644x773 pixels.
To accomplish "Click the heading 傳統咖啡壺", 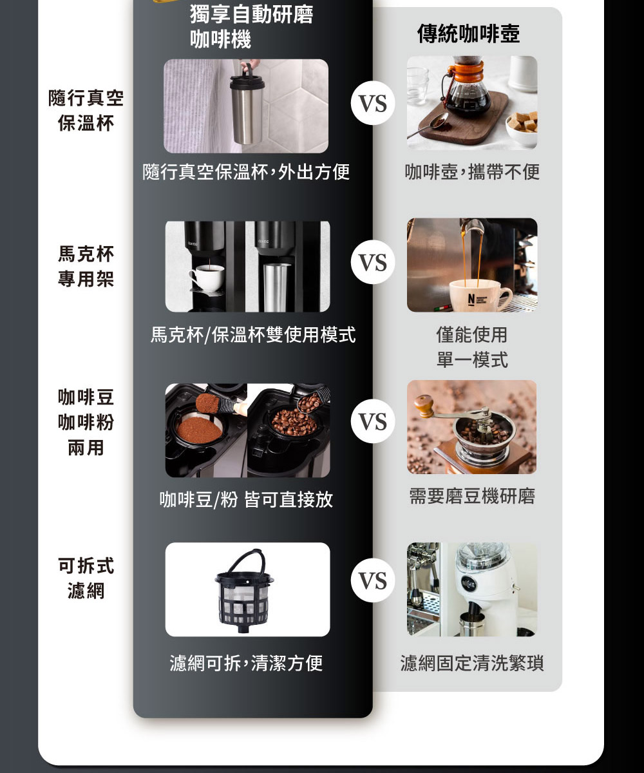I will [x=468, y=33].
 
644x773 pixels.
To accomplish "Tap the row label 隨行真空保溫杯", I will [x=86, y=111].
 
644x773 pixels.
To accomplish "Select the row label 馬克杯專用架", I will [x=86, y=267].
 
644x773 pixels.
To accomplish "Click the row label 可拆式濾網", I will [x=86, y=578].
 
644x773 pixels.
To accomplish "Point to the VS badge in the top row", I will [x=373, y=104].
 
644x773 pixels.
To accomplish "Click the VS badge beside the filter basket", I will [x=373, y=581].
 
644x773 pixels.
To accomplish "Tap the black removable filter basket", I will [x=244, y=587].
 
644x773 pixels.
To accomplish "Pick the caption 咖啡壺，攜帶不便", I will [x=472, y=172].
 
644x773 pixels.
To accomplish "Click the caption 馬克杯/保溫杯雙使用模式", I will [x=252, y=335].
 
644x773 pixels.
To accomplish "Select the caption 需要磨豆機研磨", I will [x=472, y=497].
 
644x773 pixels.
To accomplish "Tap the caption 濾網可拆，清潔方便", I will [x=247, y=663].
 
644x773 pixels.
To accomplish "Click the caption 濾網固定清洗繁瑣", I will [x=472, y=663].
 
